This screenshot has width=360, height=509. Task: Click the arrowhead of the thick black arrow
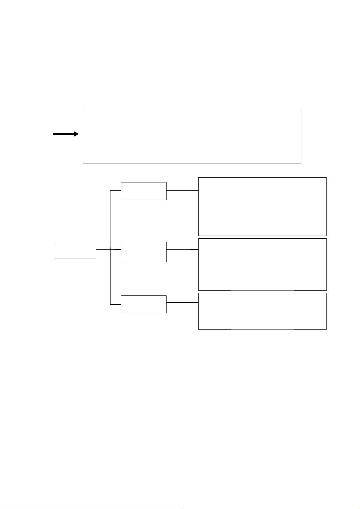pos(76,134)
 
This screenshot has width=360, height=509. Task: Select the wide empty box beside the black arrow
pos(192,137)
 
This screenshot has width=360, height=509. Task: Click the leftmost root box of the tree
pos(75,250)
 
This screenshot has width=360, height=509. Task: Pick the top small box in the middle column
pos(144,191)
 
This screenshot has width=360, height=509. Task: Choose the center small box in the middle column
pos(144,252)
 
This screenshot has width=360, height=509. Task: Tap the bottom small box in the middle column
pos(144,304)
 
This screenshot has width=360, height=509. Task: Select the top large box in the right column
pos(262,206)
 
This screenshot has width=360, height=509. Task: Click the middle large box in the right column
pos(262,264)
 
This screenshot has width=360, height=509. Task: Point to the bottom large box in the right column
pos(262,311)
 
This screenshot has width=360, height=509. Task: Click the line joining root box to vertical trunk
pos(103,249)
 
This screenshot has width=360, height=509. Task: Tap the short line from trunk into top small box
pos(115,190)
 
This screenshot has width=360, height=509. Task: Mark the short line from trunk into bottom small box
pos(115,304)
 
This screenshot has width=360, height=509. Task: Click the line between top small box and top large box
pos(182,190)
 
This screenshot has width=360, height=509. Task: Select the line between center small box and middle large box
pos(182,250)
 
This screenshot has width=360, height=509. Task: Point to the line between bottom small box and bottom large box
pos(182,302)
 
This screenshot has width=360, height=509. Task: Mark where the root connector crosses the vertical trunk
pos(110,249)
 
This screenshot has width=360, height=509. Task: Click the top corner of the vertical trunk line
pos(110,191)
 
